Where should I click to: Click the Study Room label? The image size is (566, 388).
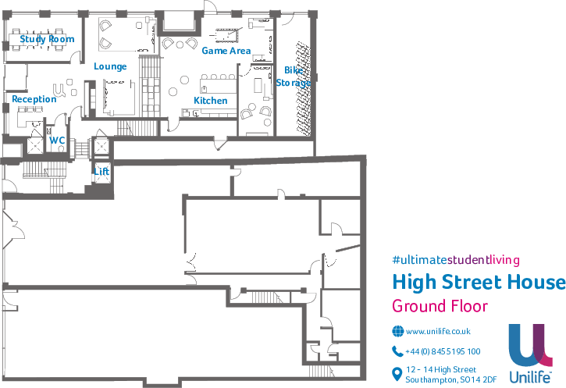click(47, 39)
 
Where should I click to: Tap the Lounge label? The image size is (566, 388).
click(110, 66)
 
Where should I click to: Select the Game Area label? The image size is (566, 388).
click(226, 51)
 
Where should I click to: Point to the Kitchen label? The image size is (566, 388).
click(211, 101)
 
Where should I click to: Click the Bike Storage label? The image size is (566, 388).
click(294, 77)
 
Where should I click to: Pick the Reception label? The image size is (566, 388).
click(34, 99)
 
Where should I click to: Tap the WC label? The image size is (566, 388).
click(57, 141)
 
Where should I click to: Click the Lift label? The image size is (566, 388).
click(101, 169)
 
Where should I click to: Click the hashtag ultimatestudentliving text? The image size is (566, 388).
click(456, 260)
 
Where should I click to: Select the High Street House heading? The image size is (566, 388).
click(479, 282)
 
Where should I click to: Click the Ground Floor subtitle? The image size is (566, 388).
click(440, 306)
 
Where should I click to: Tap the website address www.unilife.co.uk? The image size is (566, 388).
click(437, 331)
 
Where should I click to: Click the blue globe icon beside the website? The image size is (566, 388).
click(397, 331)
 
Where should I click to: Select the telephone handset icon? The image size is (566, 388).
click(397, 351)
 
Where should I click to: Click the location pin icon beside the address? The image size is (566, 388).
click(397, 375)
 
